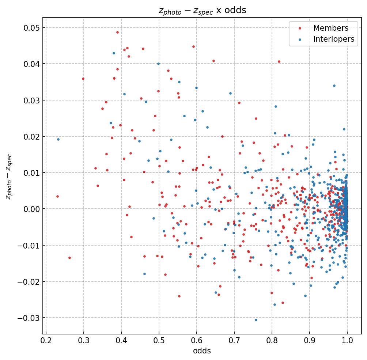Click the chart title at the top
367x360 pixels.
point(202,10)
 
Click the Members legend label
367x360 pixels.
point(331,28)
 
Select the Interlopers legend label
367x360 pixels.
point(334,39)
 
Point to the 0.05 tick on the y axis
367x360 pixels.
point(30,28)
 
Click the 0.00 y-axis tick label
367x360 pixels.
point(30,209)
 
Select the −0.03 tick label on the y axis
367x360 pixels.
point(27,318)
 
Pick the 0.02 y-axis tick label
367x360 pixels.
point(30,136)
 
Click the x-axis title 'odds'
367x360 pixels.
point(202,351)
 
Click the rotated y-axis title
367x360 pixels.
point(9,177)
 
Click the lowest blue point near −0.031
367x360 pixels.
point(256,320)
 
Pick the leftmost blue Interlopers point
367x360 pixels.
point(58,139)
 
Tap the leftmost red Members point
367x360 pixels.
point(57,196)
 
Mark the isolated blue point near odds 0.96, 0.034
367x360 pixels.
point(334,86)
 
